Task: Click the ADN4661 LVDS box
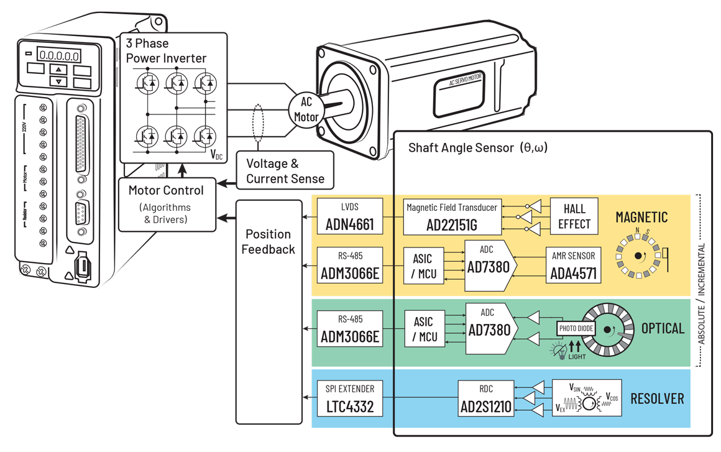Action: point(350,216)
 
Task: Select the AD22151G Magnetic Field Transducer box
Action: point(452,216)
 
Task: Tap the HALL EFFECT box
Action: point(574,216)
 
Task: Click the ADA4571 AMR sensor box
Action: point(573,265)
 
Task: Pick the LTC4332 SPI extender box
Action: point(350,398)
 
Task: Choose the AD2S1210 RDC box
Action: point(486,399)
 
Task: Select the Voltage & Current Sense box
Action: point(285,171)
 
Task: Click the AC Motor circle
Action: point(306,109)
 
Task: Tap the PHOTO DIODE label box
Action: point(576,328)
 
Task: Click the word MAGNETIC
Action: point(641,217)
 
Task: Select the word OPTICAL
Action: point(663,328)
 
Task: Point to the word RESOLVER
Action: point(657,398)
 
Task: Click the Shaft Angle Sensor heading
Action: point(477,148)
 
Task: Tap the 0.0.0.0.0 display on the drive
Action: point(58,55)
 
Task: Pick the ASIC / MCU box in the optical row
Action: point(425,329)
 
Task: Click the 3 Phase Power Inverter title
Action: point(166,51)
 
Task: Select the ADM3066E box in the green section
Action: point(350,329)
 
